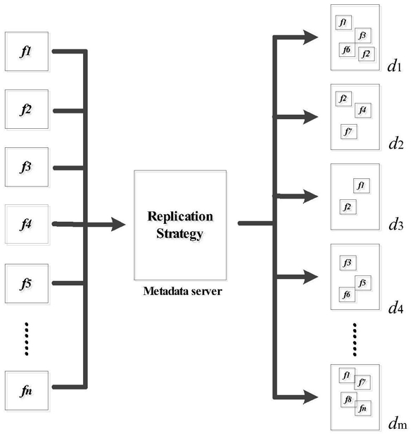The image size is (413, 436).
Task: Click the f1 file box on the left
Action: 27,51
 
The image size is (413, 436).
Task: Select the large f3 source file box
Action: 27,167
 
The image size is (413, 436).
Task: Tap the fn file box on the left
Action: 27,390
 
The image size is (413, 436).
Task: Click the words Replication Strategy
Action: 180,225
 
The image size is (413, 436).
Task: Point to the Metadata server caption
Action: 182,291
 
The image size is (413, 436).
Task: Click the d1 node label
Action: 395,66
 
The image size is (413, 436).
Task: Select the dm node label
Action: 398,423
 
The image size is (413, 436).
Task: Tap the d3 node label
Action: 396,224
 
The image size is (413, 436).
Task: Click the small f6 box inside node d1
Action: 347,50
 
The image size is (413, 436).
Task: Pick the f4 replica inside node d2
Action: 363,111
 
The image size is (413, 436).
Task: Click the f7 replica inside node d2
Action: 349,131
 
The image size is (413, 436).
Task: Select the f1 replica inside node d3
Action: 362,185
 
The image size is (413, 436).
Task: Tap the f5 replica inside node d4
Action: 363,283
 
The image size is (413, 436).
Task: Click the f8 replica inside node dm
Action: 348,399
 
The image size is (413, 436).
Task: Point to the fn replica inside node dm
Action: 363,409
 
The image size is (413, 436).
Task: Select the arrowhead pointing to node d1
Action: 310,37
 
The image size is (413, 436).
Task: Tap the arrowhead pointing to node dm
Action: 310,397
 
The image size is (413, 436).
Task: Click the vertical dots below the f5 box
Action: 27,339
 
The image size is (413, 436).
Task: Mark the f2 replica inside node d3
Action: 348,207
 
